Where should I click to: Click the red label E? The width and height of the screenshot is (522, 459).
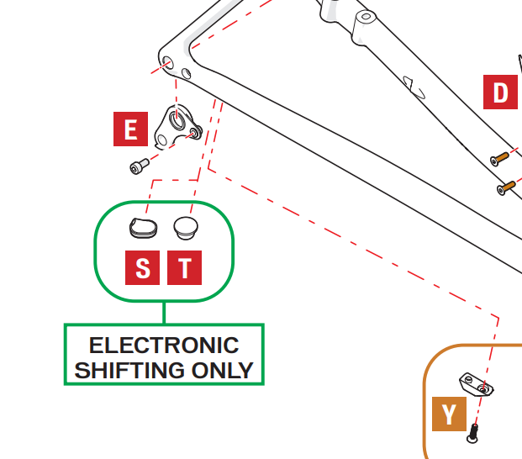pyautogui.click(x=130, y=129)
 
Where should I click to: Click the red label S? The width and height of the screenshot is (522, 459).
pyautogui.click(x=143, y=267)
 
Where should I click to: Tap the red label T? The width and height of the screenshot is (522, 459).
pyautogui.click(x=184, y=267)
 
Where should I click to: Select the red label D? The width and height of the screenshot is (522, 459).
pyautogui.click(x=500, y=92)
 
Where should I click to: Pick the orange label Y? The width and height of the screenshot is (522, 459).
pyautogui.click(x=449, y=414)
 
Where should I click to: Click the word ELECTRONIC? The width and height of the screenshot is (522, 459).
pyautogui.click(x=164, y=346)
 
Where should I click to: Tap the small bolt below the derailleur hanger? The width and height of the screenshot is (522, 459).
pyautogui.click(x=139, y=166)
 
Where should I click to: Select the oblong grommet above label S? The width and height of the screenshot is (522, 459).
pyautogui.click(x=142, y=225)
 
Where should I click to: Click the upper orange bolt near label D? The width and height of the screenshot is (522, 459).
pyautogui.click(x=500, y=158)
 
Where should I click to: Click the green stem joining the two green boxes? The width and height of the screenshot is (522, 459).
pyautogui.click(x=164, y=312)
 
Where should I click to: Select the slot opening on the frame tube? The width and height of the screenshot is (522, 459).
pyautogui.click(x=412, y=83)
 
